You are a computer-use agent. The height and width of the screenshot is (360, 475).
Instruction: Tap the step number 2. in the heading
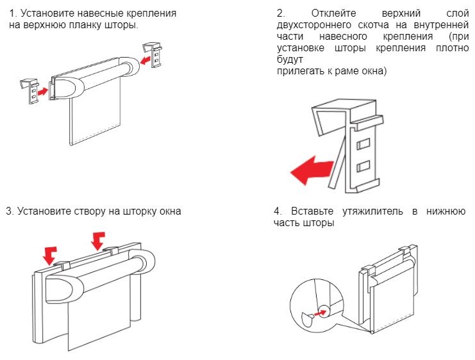tap(280, 13)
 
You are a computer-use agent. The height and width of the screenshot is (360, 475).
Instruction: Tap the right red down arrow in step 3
tap(98, 241)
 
